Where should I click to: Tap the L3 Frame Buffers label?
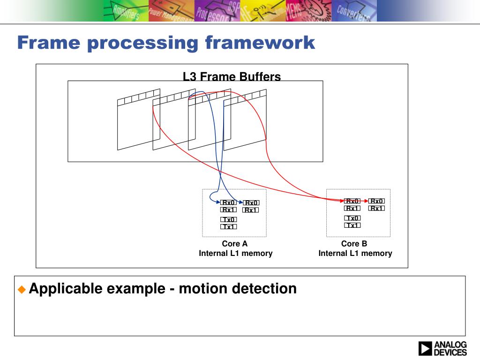pos(232,77)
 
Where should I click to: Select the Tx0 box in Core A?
pos(229,219)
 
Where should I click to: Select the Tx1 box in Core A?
pos(229,227)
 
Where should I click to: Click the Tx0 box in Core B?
pos(352,218)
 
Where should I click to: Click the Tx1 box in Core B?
pos(352,225)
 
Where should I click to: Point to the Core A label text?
pos(234,244)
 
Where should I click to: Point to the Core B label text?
pos(354,244)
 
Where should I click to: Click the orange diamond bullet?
pos(22,289)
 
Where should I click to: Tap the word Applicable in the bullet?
pos(66,288)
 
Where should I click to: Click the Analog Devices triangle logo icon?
pos(425,349)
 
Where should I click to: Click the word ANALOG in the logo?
pos(450,345)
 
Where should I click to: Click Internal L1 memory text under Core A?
pos(235,253)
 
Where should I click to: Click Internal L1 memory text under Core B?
pos(355,253)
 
